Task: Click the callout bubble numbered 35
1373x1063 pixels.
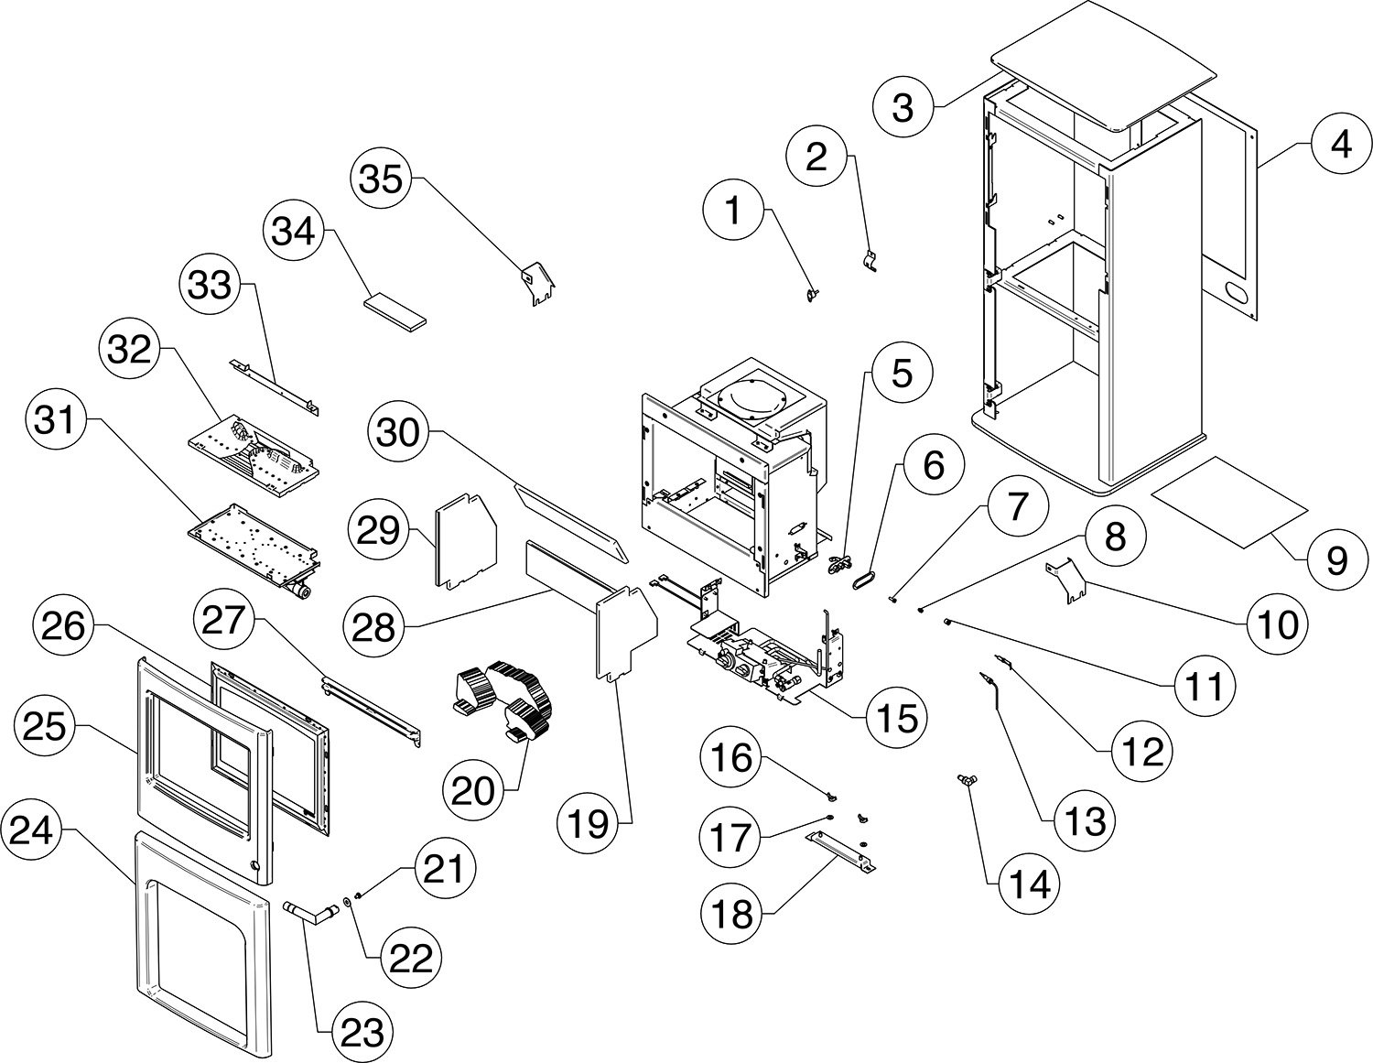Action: click(381, 179)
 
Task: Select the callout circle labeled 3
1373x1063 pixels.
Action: click(903, 107)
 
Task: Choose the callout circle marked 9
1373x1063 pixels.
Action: click(1337, 559)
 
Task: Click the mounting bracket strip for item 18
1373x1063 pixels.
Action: click(840, 852)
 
